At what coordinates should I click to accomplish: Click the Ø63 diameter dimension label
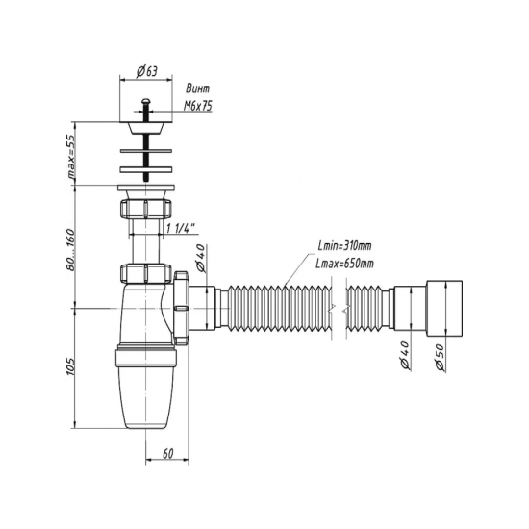(147, 71)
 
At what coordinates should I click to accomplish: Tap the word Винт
(198, 88)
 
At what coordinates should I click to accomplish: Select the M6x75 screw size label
(198, 106)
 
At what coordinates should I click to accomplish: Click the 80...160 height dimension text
(70, 249)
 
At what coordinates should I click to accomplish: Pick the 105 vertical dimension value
(70, 366)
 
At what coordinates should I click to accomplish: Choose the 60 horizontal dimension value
(167, 453)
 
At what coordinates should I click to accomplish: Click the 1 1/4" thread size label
(182, 228)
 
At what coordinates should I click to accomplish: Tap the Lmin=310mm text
(344, 246)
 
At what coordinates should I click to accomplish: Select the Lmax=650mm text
(344, 264)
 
